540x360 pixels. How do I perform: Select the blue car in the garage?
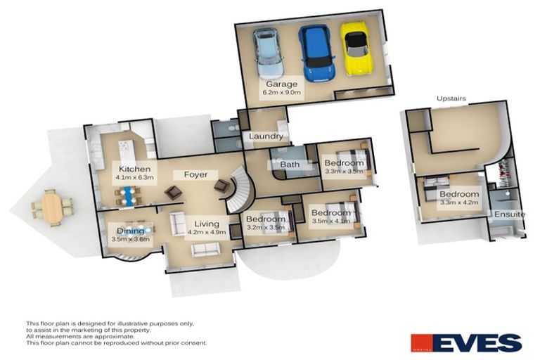coord(312,53)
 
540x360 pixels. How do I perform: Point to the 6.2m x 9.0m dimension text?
coord(282,92)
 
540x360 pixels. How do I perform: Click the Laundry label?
coord(266,136)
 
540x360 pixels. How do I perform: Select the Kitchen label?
coord(134,169)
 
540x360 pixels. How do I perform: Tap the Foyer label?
coord(195,174)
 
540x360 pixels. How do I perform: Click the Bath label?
coord(290,165)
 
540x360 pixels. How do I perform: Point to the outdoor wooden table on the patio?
coord(52,207)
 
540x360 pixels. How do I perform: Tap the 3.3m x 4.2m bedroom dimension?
coord(459,202)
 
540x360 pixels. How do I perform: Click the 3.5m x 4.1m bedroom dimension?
coord(330,221)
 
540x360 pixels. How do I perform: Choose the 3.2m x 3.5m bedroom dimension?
coord(264,227)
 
